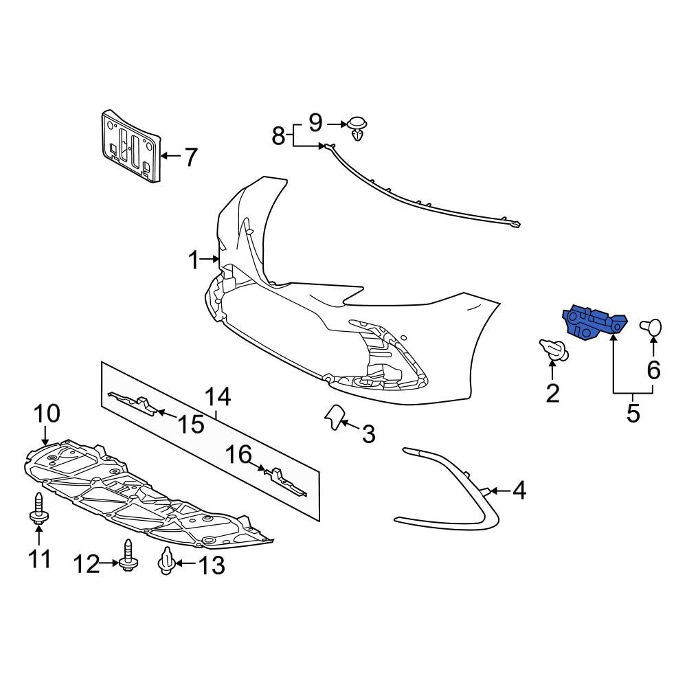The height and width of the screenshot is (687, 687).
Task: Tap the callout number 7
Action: pyautogui.click(x=190, y=157)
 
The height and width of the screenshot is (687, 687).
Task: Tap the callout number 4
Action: pyautogui.click(x=519, y=491)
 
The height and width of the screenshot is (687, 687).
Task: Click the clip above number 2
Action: pyautogui.click(x=554, y=349)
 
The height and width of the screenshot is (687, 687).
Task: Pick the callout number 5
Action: pyautogui.click(x=633, y=413)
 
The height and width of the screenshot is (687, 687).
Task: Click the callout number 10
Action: pyautogui.click(x=47, y=414)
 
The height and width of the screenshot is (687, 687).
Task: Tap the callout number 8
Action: pyautogui.click(x=278, y=136)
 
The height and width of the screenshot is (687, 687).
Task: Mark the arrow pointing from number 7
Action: pyautogui.click(x=168, y=157)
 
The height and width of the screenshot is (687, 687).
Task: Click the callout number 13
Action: pyautogui.click(x=211, y=565)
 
